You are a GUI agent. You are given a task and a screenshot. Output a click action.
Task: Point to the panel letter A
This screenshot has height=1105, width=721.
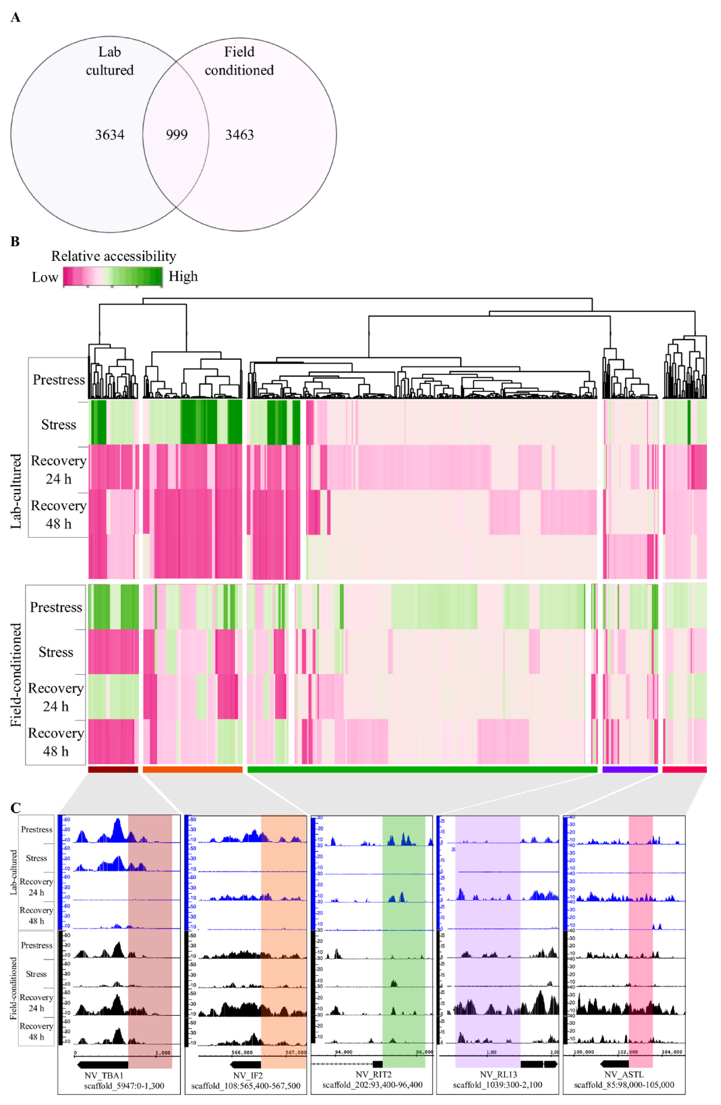15,18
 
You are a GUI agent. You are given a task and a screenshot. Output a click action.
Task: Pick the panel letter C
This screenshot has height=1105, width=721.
15,808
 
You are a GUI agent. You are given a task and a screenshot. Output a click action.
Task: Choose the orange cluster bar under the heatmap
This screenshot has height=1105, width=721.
192,769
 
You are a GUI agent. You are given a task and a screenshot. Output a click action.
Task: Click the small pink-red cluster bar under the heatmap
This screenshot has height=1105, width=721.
684,769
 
